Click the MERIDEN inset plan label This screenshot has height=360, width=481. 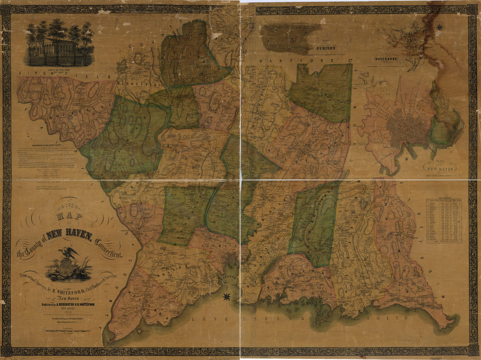(x=324, y=48)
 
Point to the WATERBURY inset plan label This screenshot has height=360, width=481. (x=385, y=58)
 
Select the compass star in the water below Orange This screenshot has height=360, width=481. (x=227, y=297)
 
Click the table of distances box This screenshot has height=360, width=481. (x=444, y=221)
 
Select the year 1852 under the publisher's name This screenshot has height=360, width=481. (x=67, y=311)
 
